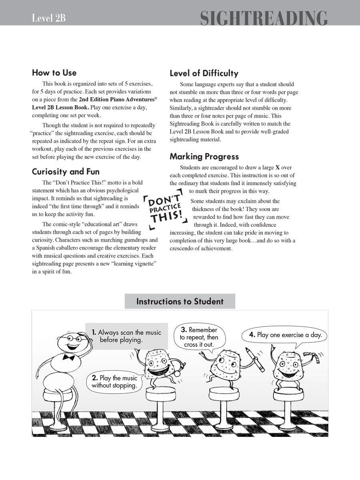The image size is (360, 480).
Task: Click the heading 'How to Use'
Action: [54, 73]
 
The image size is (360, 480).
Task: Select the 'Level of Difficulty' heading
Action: [204, 73]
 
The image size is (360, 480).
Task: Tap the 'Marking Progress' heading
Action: [204, 156]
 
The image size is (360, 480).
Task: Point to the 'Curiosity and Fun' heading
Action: [66, 172]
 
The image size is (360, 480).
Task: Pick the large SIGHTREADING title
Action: [264, 18]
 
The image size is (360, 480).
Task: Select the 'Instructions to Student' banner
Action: [180, 301]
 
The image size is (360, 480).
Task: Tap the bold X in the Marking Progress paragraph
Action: [277, 168]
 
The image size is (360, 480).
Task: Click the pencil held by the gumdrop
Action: [256, 360]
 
